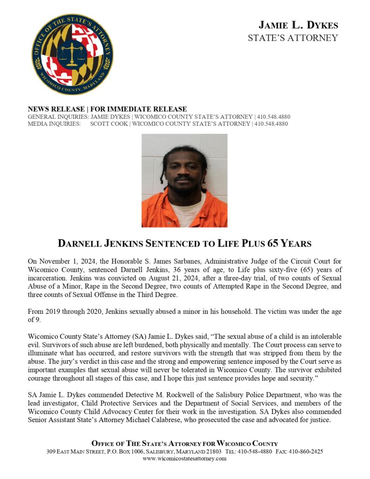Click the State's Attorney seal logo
[72, 54]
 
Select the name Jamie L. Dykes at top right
[298, 25]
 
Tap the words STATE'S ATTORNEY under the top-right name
[293, 38]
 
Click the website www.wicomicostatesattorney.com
[184, 458]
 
